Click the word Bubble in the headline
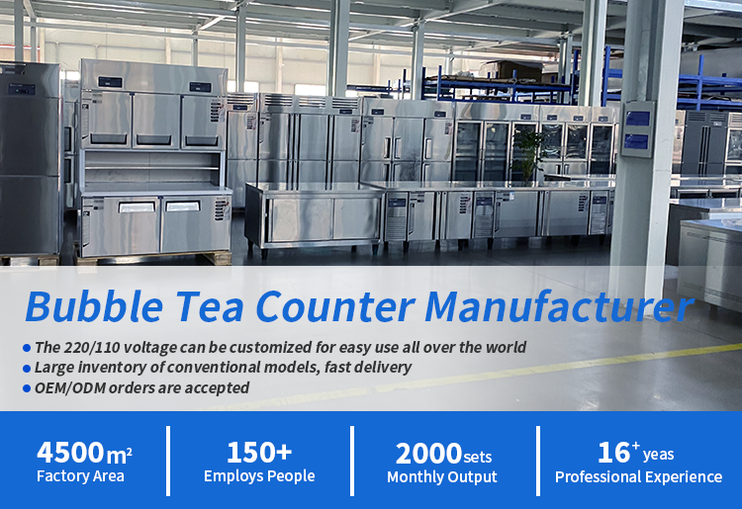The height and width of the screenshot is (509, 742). tap(94, 306)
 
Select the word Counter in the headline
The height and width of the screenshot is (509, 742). tap(334, 306)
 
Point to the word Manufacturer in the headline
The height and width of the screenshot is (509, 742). tap(559, 306)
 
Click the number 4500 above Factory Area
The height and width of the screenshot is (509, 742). tap(70, 453)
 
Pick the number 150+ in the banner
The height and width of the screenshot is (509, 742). tap(259, 453)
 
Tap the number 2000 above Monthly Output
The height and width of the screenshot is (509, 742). tap(428, 454)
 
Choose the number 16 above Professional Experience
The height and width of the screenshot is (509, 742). tap(613, 453)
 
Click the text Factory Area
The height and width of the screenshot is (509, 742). tap(80, 476)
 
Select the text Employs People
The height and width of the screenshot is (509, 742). tap(259, 476)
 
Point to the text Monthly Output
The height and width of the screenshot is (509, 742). tap(442, 476)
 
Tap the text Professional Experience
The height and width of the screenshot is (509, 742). tap(638, 476)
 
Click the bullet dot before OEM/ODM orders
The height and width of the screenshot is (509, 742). tap(27, 388)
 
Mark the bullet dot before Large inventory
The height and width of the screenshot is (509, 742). tap(27, 369)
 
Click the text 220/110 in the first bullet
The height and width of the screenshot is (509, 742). tap(91, 348)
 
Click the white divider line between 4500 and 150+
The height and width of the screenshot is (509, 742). tap(168, 461)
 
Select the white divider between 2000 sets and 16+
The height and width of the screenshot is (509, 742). tap(538, 461)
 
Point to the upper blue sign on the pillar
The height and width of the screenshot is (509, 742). tap(637, 118)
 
